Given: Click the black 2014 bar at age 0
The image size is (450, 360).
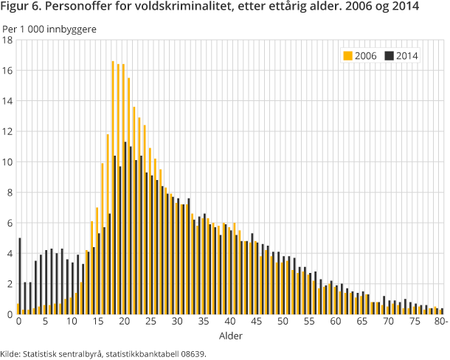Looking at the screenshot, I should pos(20,276).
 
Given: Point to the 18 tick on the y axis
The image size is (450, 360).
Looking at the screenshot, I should pos(7,40).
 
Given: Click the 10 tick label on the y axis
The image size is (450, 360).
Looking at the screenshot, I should pos(7,162).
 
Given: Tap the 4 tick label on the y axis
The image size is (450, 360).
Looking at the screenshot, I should pos(7,253).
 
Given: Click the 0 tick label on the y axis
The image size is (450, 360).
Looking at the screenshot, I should pos(7,314).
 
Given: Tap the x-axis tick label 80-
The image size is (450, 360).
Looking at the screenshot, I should pos(440,322).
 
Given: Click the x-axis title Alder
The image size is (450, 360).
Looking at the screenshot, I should pos(230,336).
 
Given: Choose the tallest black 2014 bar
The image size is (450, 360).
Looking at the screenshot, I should pos(125,228).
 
